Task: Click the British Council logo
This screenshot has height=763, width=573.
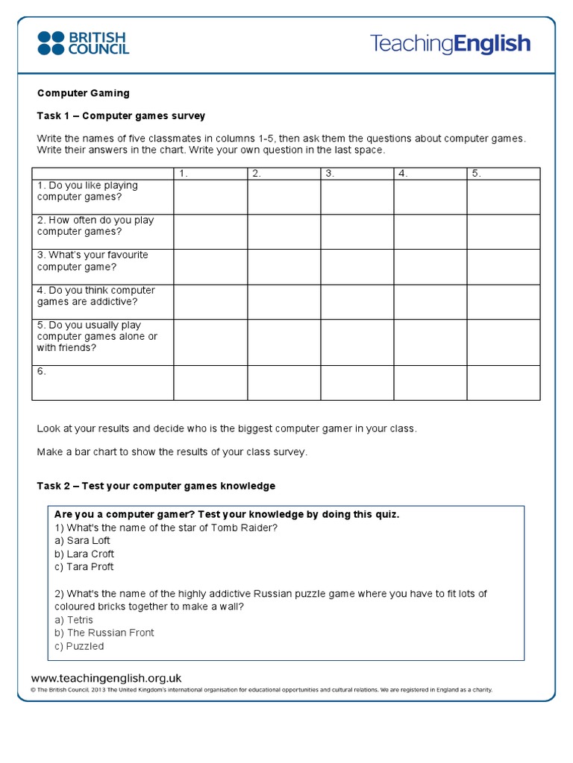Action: coord(83,43)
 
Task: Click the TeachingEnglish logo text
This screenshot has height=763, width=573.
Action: coord(450,43)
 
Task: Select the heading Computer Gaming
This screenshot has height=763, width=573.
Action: coord(83,93)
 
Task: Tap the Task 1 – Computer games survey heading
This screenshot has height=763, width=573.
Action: coord(121,115)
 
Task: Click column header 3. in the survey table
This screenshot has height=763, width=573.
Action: coord(329,174)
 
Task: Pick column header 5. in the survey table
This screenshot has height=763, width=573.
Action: coord(476,174)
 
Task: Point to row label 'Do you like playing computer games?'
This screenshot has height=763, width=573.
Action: coord(87,191)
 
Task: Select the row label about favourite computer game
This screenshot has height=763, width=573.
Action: coord(93,261)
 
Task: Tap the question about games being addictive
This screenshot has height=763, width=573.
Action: coord(95,296)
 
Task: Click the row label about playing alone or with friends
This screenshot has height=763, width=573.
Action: coord(97,336)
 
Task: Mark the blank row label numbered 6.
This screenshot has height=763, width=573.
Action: coord(42,371)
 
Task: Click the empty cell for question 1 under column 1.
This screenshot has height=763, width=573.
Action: coord(210,197)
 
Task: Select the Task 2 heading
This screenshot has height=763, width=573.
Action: coord(156,486)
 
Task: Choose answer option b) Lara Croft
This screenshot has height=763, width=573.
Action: coord(84,554)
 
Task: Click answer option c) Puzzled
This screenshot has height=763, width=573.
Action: coord(79,646)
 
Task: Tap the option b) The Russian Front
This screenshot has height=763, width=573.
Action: coord(104,633)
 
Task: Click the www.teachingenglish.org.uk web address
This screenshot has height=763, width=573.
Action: coord(106,678)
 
